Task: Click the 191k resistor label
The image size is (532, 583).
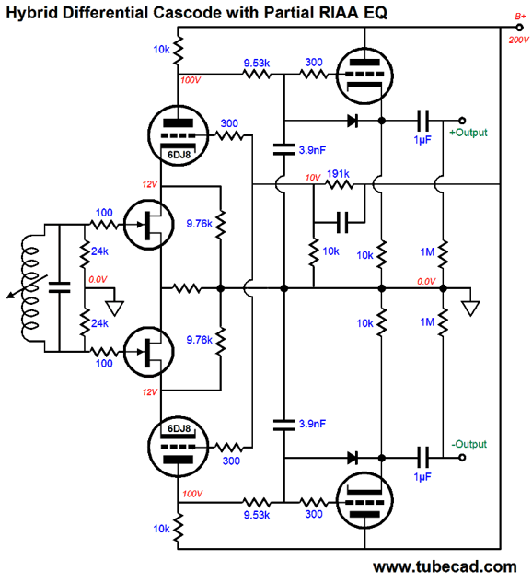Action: click(x=338, y=174)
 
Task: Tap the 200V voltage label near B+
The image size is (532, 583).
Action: click(x=518, y=40)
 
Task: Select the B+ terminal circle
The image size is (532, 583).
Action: click(x=519, y=27)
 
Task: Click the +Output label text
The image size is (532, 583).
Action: click(x=468, y=133)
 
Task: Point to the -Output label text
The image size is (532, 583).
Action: click(x=468, y=444)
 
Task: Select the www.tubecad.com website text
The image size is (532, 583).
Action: click(x=445, y=566)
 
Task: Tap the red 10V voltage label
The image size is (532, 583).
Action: click(x=312, y=178)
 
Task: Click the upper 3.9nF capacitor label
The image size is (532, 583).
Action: click(x=312, y=150)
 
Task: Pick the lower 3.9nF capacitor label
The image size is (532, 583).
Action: click(x=312, y=424)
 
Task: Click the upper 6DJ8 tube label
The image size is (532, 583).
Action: click(x=179, y=155)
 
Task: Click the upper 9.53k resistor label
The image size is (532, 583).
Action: click(x=257, y=64)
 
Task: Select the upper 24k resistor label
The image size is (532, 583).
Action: click(x=99, y=251)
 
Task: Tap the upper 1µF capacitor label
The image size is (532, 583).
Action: click(x=422, y=140)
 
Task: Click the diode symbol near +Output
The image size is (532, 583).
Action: click(x=352, y=121)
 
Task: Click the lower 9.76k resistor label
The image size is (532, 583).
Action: click(x=199, y=340)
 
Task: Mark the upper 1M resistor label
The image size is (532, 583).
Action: click(x=427, y=252)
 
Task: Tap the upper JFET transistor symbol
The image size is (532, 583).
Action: click(x=148, y=225)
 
